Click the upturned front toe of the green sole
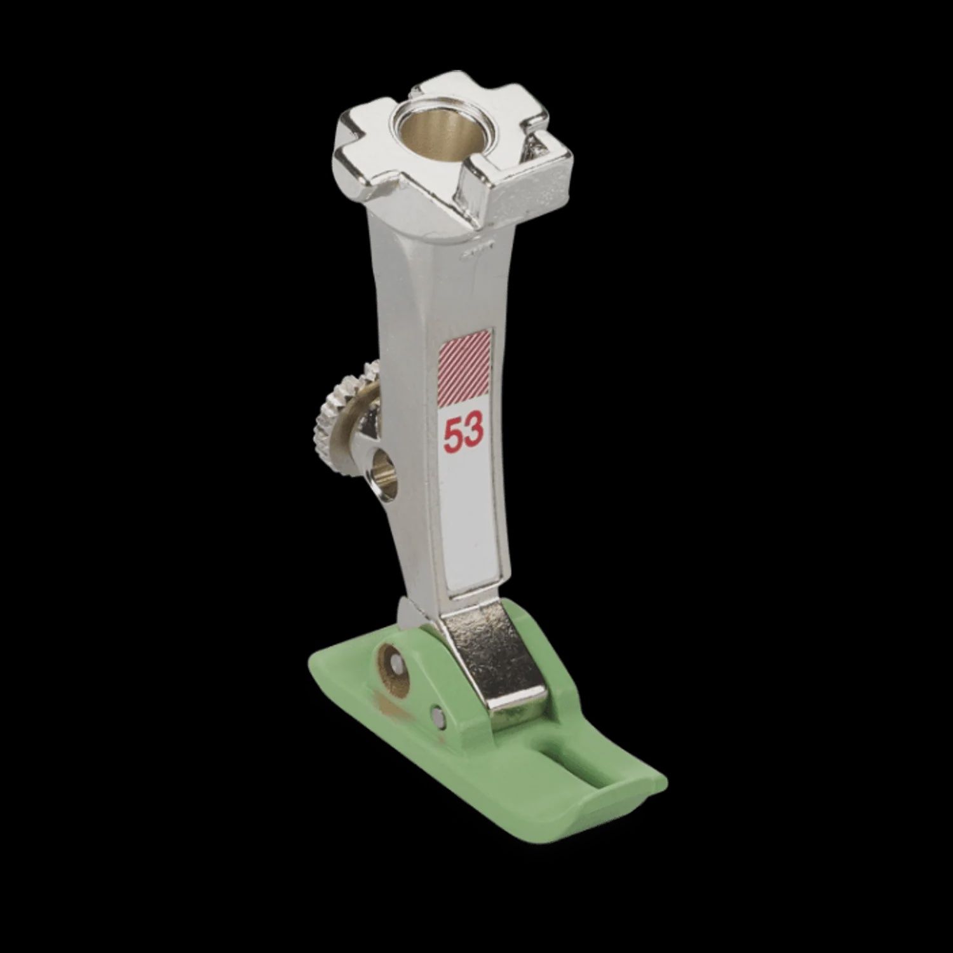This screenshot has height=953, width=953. (604, 801)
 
